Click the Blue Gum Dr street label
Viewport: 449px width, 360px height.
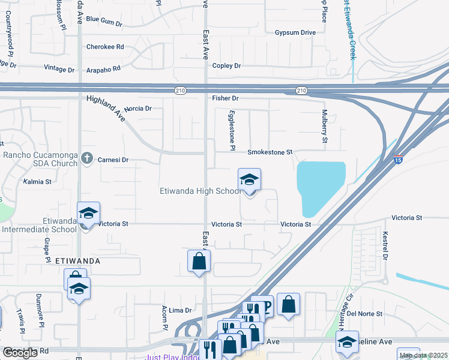pyautogui.click(x=104, y=20)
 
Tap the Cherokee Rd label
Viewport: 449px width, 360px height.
pyautogui.click(x=105, y=46)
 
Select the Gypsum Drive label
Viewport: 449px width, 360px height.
pyautogui.click(x=295, y=32)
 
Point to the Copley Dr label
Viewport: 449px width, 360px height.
pyautogui.click(x=226, y=65)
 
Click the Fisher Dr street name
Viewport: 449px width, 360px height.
pyautogui.click(x=225, y=98)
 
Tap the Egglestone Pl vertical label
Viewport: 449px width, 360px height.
pyautogui.click(x=232, y=130)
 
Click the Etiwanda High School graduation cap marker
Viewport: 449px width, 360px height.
pyautogui.click(x=249, y=179)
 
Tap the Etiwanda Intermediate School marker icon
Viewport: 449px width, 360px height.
pyautogui.click(x=88, y=213)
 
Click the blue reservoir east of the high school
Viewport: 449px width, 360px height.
pyautogui.click(x=322, y=186)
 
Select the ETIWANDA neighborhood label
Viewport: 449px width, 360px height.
pyautogui.click(x=77, y=262)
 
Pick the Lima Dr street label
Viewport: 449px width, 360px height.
pyautogui.click(x=179, y=310)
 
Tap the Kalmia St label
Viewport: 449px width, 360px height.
pyautogui.click(x=37, y=181)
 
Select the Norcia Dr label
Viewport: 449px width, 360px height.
pyautogui.click(x=137, y=109)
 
